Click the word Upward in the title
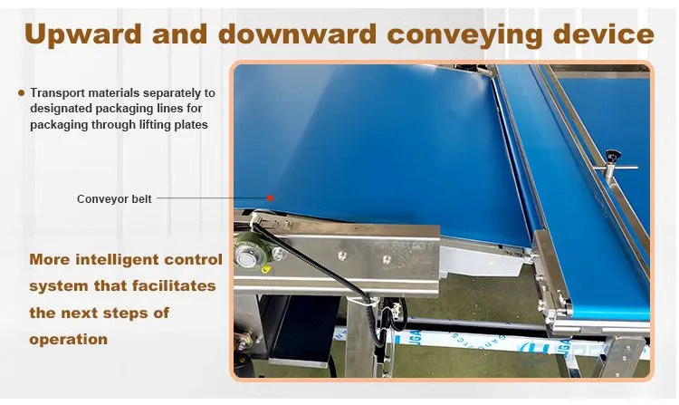83,34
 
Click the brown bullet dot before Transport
21,92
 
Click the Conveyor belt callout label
114,198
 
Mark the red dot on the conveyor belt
270,198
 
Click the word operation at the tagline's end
69,339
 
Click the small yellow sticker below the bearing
267,269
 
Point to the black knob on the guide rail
612,155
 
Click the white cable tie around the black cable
366,300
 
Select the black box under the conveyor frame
303,329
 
